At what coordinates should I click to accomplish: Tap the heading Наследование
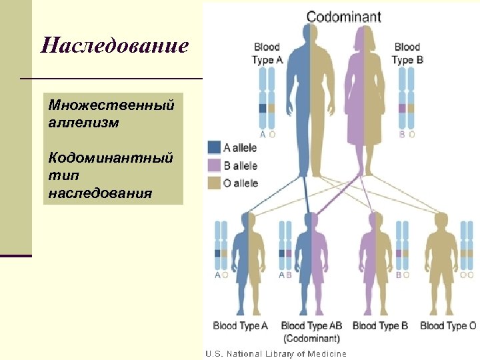click(115, 46)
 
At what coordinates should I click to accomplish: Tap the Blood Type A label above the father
click(267, 53)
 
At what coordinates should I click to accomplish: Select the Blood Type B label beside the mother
click(407, 53)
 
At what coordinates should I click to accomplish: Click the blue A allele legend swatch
click(214, 147)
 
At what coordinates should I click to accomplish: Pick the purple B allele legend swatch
click(214, 165)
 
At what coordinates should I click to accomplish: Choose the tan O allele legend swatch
click(214, 183)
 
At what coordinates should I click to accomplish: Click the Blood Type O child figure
click(441, 260)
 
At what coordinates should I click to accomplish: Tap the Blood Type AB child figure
click(311, 260)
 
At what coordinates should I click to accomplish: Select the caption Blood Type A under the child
click(241, 326)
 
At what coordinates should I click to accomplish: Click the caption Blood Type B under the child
click(380, 326)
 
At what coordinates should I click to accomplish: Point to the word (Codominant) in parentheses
click(311, 338)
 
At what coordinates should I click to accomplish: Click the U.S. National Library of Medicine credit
click(275, 353)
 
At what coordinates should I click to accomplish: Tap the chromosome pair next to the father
click(267, 100)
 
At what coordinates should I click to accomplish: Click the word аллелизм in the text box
click(75, 123)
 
